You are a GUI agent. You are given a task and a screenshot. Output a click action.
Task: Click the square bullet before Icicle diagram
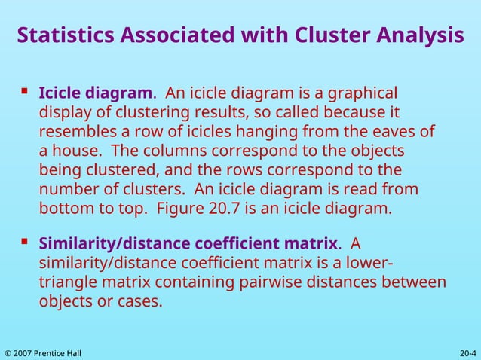tap(25, 90)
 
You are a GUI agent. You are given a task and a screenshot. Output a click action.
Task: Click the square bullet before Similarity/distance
tap(25, 242)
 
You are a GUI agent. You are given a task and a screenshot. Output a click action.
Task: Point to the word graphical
tap(358, 94)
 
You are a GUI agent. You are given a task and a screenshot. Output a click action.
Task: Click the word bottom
tap(63, 207)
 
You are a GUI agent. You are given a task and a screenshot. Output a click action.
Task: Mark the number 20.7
tap(222, 207)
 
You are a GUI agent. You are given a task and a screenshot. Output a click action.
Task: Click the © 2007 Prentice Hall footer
tap(43, 352)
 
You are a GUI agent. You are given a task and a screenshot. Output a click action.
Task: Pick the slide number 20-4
tap(467, 352)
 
